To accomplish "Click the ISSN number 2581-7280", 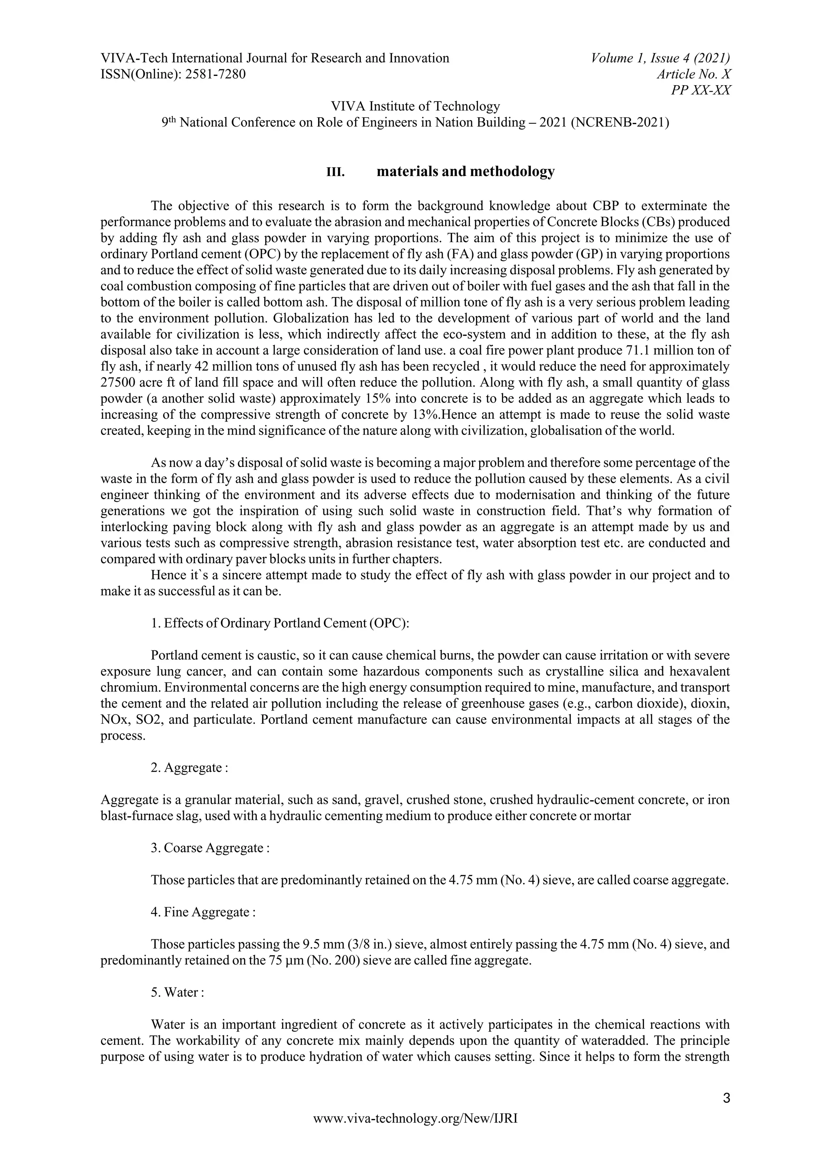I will click(215, 75).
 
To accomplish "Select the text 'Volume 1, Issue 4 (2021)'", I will click(660, 58).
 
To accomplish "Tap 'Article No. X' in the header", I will click(694, 75).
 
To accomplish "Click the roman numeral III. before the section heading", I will click(336, 172).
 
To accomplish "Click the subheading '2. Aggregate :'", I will click(189, 768).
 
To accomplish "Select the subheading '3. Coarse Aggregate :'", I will click(210, 848).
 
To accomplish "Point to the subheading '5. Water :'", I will click(178, 992).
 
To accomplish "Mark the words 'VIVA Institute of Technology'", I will click(415, 106).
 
